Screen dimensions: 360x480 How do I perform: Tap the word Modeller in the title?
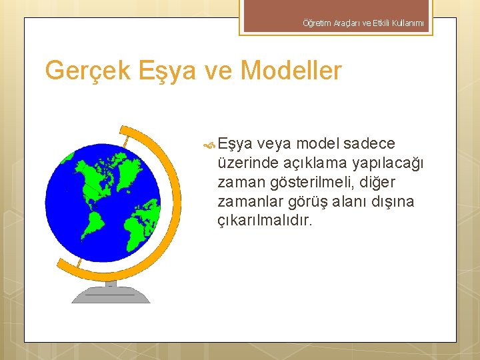point(289,71)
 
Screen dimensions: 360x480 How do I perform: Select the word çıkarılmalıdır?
point(265,221)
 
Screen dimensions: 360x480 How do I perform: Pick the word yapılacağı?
point(391,163)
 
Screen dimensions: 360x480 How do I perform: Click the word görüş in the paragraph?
point(311,201)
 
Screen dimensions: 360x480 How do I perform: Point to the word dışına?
point(393,201)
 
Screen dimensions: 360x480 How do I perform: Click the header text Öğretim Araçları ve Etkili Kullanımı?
point(363,24)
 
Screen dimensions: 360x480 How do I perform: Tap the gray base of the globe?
point(111,293)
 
